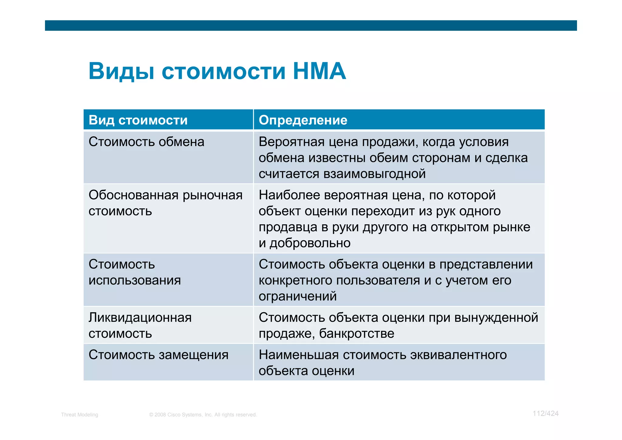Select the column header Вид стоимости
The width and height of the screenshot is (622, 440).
[x=138, y=120]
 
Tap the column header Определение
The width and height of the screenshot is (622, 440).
[x=303, y=120]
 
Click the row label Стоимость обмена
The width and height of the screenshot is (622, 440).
[x=146, y=142]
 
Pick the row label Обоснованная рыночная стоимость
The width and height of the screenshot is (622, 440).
[x=165, y=203]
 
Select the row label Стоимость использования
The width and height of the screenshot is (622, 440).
[x=135, y=272]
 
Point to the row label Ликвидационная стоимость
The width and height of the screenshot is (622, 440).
[x=140, y=325]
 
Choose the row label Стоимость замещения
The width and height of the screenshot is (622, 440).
[x=158, y=355]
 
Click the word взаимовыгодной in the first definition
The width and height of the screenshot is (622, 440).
[x=374, y=174]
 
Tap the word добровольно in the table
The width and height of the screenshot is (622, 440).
[x=310, y=243]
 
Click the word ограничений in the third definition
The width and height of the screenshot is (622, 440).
[x=298, y=296]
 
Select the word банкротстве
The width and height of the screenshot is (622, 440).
[x=357, y=334]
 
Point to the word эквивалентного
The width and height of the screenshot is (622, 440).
[x=458, y=355]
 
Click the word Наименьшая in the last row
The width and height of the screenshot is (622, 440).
[x=299, y=355]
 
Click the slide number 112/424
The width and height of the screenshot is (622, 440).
[x=545, y=414]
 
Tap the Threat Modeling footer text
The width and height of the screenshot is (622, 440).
[x=80, y=415]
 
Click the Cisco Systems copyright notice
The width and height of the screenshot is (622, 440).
[x=203, y=415]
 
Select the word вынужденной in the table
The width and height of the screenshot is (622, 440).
[x=496, y=318]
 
